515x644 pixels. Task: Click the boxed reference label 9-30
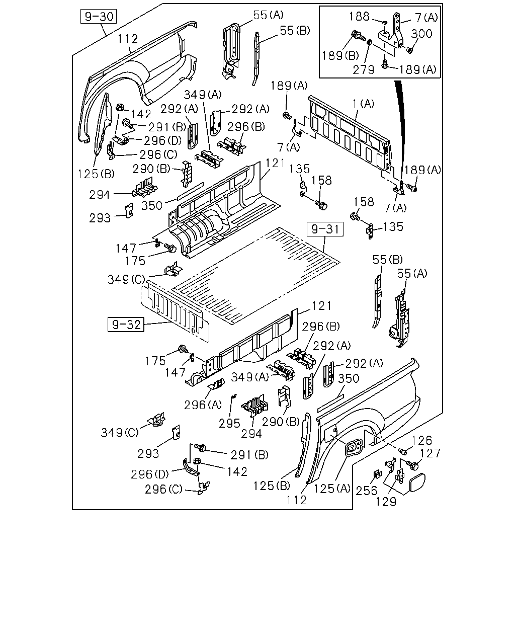(x=99, y=16)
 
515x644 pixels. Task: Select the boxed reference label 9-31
(x=325, y=229)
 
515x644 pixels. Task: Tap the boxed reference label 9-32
(x=126, y=325)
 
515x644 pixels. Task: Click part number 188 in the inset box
(x=359, y=17)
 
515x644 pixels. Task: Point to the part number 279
(x=363, y=70)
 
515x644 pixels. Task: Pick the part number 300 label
(x=421, y=34)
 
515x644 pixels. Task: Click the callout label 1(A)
(x=363, y=104)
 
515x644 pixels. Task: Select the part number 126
(x=421, y=440)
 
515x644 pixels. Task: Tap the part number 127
(x=430, y=453)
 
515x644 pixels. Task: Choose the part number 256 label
(x=367, y=491)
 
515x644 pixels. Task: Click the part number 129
(x=386, y=502)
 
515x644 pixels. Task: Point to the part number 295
(x=229, y=424)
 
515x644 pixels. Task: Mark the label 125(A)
(x=332, y=489)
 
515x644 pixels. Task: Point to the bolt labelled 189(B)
(x=358, y=36)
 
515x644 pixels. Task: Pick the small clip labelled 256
(x=377, y=475)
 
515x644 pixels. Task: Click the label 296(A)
(x=203, y=405)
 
